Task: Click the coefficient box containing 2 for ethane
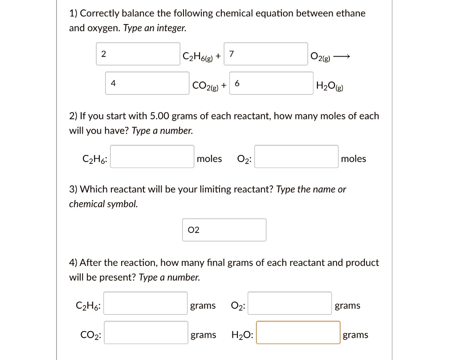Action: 138,54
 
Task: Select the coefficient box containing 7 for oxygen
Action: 266,54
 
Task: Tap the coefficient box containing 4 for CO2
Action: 147,83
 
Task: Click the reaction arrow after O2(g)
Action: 342,57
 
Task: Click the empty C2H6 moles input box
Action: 152,156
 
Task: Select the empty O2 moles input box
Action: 296,156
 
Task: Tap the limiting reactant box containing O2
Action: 224,230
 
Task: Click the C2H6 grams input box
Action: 146,303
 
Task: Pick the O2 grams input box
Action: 289,303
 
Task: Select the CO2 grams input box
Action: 146,332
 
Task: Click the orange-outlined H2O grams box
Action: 298,332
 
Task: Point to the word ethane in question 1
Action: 351,13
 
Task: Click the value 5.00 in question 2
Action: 160,116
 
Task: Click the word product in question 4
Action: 363,263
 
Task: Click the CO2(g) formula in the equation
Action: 205,86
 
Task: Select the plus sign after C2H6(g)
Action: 218,57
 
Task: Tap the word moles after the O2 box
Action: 354,159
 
